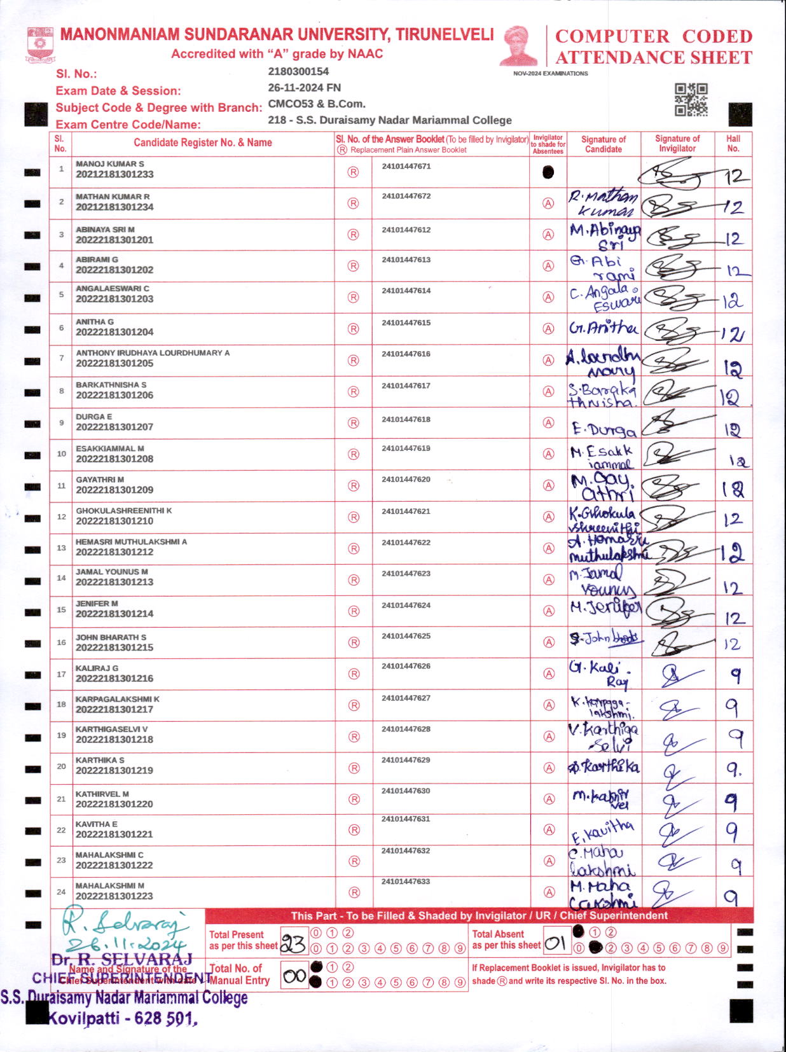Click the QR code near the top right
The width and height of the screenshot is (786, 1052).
click(x=691, y=100)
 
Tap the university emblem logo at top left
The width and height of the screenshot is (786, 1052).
click(x=40, y=44)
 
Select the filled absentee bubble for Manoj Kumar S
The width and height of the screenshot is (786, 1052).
click(x=548, y=172)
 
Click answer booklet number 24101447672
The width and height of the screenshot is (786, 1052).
click(x=406, y=196)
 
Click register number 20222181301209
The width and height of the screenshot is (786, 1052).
click(x=114, y=490)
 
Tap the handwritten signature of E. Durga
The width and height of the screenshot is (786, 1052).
click(x=603, y=430)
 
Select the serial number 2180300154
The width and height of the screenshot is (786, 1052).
click(x=298, y=71)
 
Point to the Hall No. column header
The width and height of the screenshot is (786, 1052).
click(x=733, y=143)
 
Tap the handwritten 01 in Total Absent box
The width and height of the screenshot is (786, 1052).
click(x=555, y=943)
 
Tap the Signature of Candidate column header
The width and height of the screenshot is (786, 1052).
click(x=603, y=144)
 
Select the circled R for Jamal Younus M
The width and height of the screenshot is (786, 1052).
click(x=354, y=580)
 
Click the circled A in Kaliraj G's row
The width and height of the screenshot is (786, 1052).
click(x=548, y=674)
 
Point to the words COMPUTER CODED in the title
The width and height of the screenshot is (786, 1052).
click(x=653, y=36)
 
